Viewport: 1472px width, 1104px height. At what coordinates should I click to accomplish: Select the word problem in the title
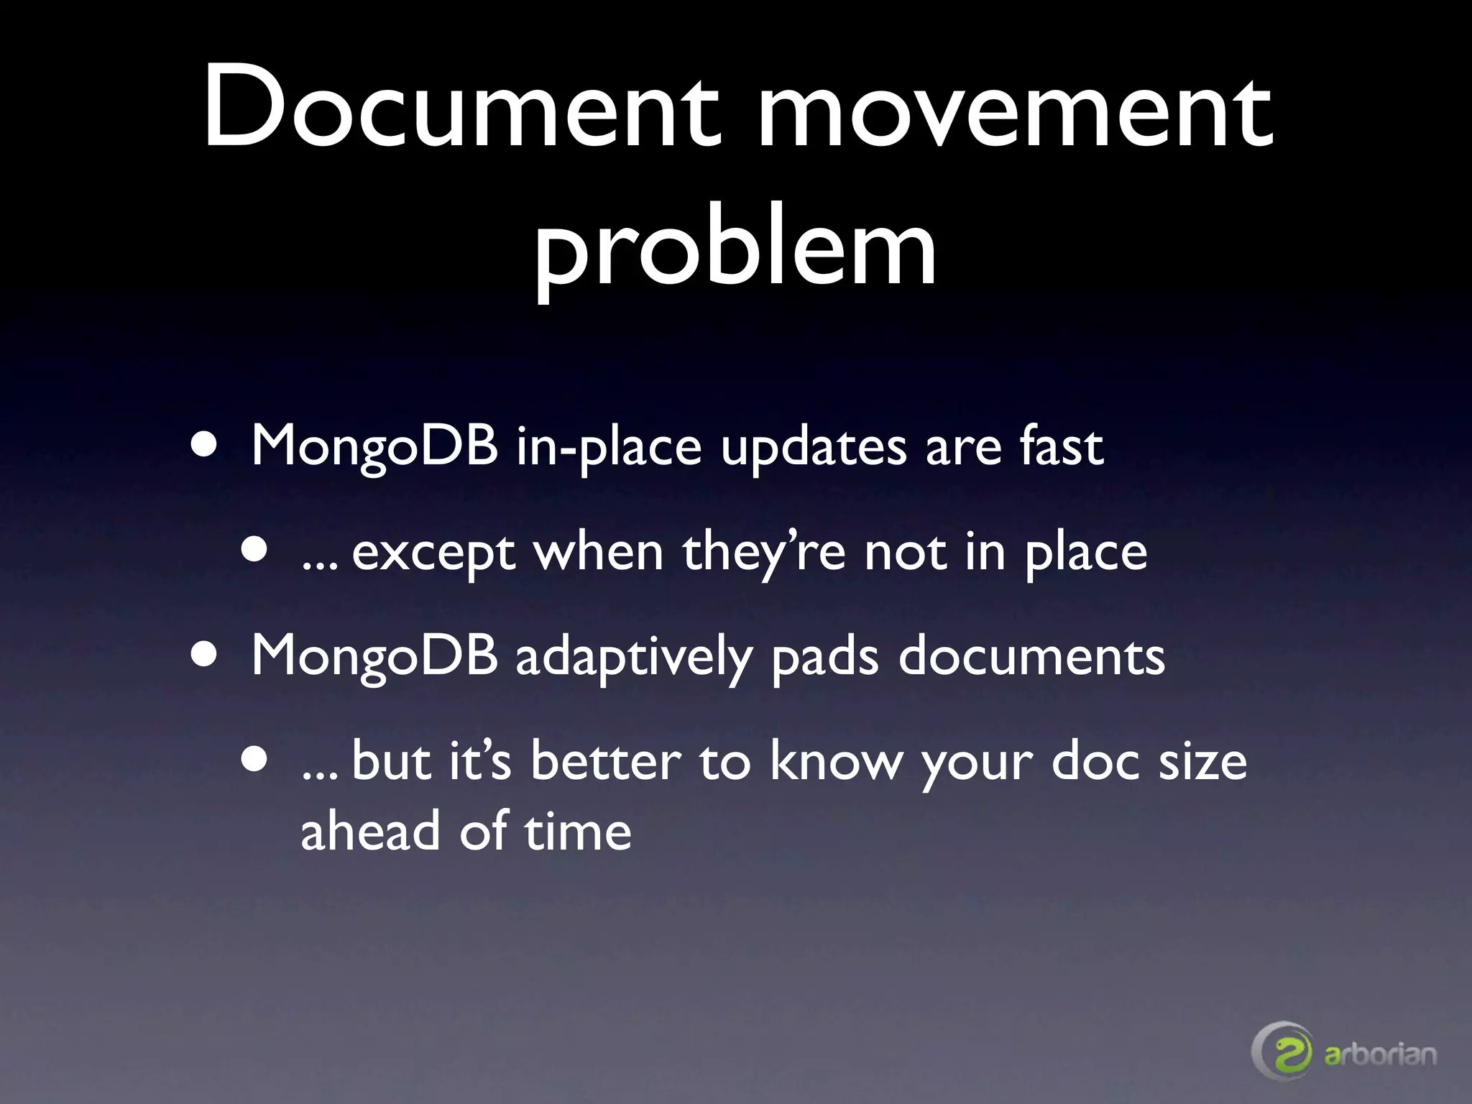point(735,248)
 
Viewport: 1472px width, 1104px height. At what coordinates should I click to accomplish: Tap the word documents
point(1031,655)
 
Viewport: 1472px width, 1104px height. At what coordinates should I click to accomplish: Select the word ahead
point(370,830)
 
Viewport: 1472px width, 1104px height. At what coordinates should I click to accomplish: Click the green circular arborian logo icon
point(1284,1052)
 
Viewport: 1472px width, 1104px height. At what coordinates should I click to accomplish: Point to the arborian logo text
point(1380,1054)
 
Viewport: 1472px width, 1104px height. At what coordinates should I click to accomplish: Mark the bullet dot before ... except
point(254,552)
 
